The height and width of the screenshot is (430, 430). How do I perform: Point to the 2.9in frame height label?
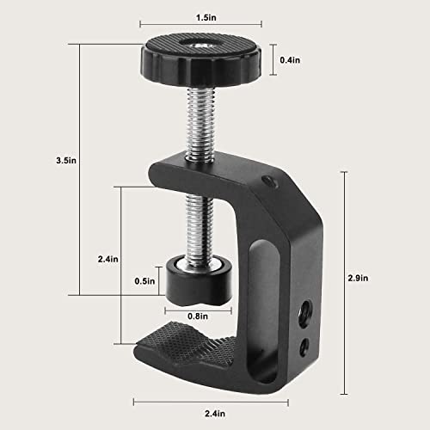[363, 277]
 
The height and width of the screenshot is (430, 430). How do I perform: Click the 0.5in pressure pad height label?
[144, 279]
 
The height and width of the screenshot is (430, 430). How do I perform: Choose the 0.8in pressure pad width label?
[197, 315]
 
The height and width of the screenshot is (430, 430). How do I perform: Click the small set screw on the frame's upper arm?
[269, 181]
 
